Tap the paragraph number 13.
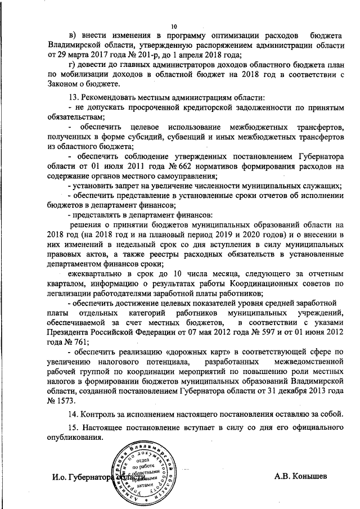coord(73,98)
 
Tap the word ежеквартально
coord(97,273)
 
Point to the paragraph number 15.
coord(73,429)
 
